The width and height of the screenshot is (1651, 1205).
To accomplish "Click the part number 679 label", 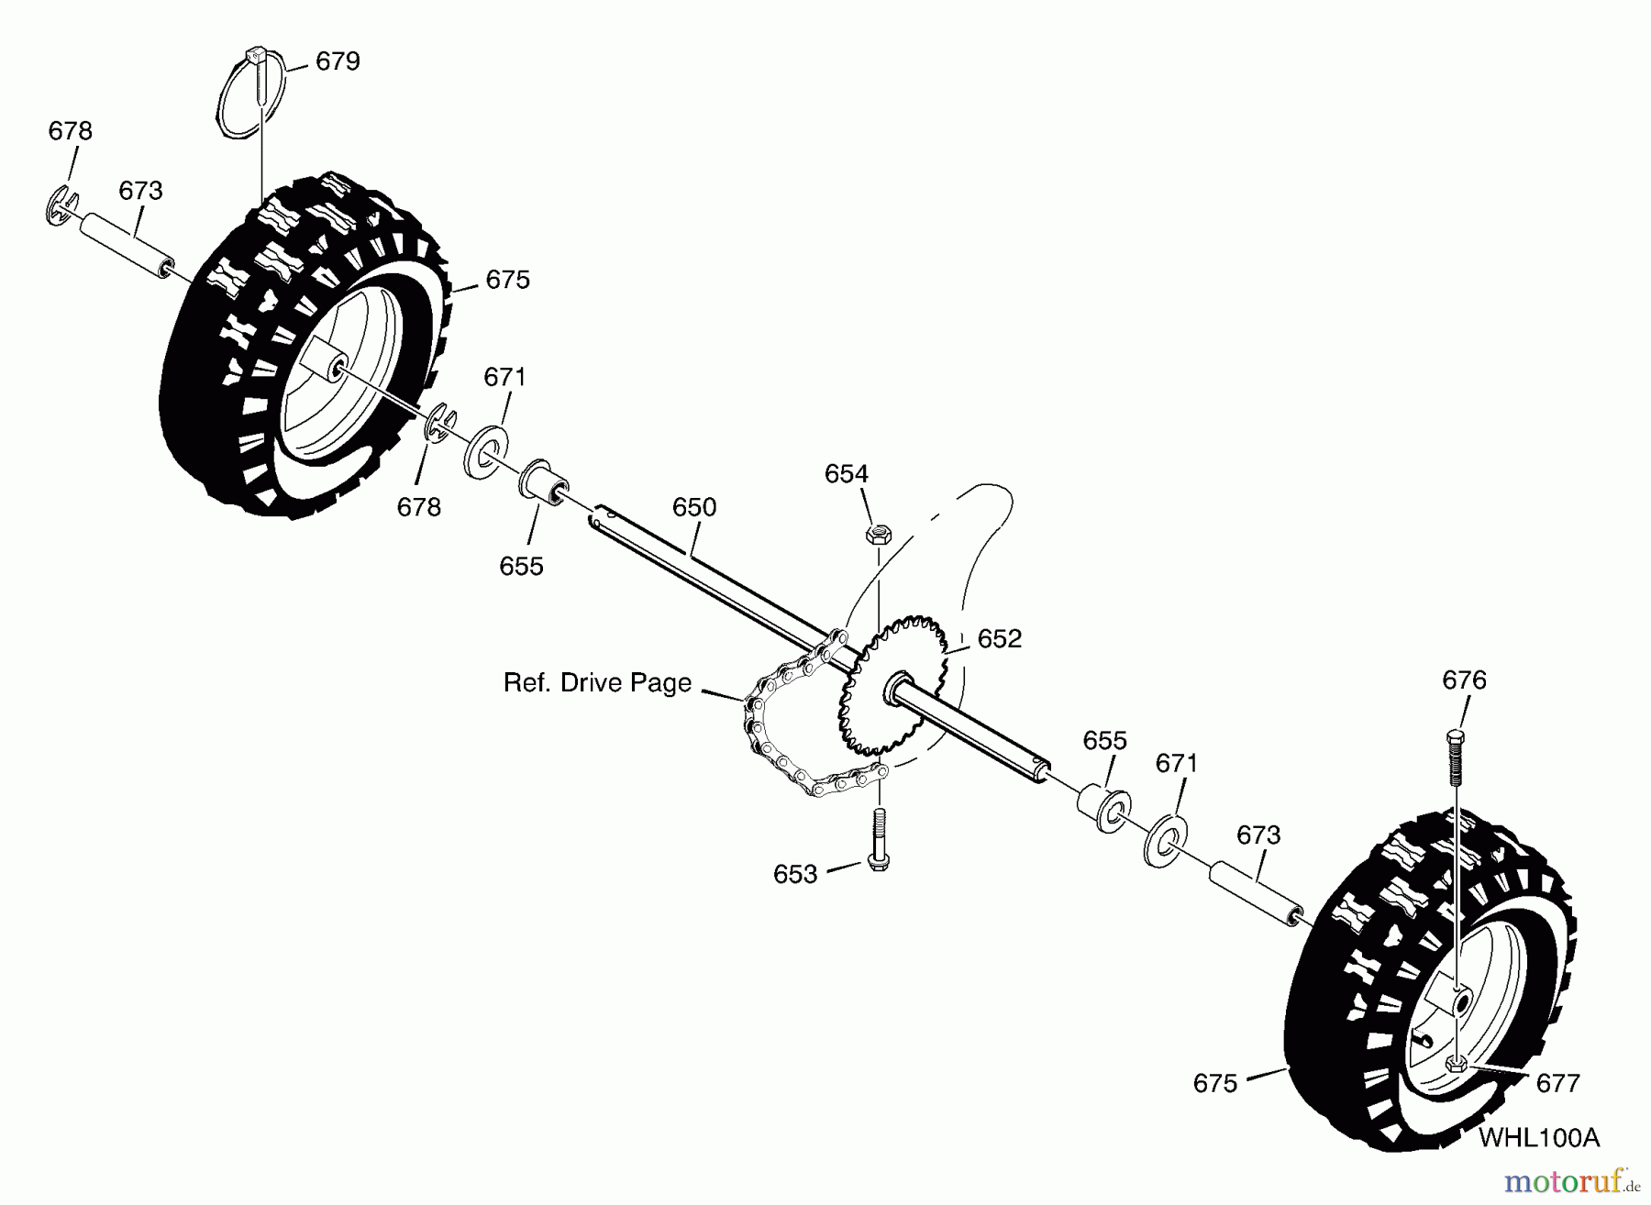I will pyautogui.click(x=338, y=61).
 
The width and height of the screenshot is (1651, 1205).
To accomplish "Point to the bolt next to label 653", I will pyautogui.click(x=879, y=840).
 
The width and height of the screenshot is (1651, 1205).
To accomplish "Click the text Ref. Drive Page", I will pyautogui.click(x=597, y=683).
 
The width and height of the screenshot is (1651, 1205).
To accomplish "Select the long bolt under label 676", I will pyautogui.click(x=1456, y=759).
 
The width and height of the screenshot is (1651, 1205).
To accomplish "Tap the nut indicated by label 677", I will pyautogui.click(x=1456, y=1064).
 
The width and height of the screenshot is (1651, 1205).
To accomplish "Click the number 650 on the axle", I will pyautogui.click(x=694, y=507).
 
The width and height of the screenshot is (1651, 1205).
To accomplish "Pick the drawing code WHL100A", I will pyautogui.click(x=1539, y=1138).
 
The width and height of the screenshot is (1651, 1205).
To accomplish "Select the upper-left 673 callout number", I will pyautogui.click(x=140, y=191).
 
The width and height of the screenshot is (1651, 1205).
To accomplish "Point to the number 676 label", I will pyautogui.click(x=1464, y=680).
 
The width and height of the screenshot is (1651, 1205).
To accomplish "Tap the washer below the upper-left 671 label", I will pyautogui.click(x=486, y=451).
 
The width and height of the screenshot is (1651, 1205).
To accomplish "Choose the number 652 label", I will pyautogui.click(x=999, y=639).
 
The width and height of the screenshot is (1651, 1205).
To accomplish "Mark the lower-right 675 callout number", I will pyautogui.click(x=1215, y=1084).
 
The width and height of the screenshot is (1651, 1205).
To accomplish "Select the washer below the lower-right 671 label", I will pyautogui.click(x=1165, y=837).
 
